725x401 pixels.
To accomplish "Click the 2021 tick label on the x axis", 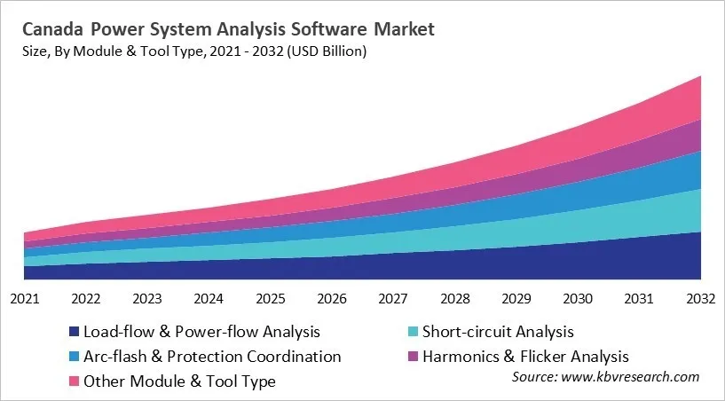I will click(x=24, y=298).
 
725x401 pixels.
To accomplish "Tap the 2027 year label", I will click(x=392, y=298).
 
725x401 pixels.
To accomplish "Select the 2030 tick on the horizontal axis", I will click(x=577, y=298).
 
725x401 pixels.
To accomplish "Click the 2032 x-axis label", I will click(x=700, y=298).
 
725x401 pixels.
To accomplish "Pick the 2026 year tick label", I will click(x=331, y=298).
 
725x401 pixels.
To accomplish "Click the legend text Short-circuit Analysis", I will click(x=498, y=333).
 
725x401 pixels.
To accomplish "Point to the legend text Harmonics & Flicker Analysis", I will click(x=524, y=357).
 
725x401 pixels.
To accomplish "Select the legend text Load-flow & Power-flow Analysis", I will click(x=201, y=333).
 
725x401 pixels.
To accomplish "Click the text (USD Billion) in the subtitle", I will click(x=322, y=51).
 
